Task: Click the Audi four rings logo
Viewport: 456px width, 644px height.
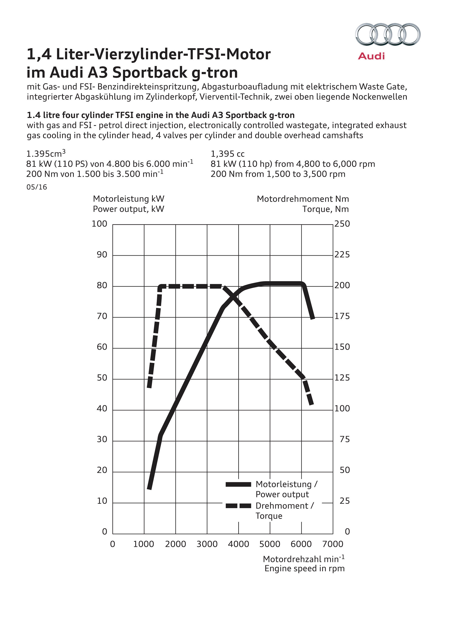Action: (x=388, y=34)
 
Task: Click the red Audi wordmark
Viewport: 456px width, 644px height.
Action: (x=371, y=56)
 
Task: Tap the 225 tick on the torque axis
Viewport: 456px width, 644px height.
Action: (x=342, y=255)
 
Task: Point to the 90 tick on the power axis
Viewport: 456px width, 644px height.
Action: (x=102, y=255)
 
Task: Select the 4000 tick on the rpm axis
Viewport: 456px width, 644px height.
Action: (x=238, y=544)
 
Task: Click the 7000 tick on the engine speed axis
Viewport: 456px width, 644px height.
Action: (x=333, y=544)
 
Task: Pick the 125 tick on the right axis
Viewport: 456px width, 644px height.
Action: (x=342, y=378)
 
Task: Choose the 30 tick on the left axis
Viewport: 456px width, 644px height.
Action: (x=102, y=440)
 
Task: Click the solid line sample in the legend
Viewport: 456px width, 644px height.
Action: (x=238, y=484)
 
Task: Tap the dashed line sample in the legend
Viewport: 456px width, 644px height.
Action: (x=238, y=506)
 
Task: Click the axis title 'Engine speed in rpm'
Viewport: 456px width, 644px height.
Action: (x=304, y=568)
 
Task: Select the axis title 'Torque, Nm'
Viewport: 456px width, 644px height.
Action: (x=325, y=209)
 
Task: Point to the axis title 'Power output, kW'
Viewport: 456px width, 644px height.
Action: (x=128, y=209)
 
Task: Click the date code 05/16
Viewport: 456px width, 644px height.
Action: (x=37, y=187)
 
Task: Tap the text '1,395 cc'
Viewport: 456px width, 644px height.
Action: (x=228, y=154)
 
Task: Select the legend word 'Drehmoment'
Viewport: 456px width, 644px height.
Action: (x=282, y=506)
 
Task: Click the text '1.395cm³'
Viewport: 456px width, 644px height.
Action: (x=46, y=154)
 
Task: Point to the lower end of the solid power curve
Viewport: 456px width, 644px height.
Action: (x=149, y=489)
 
